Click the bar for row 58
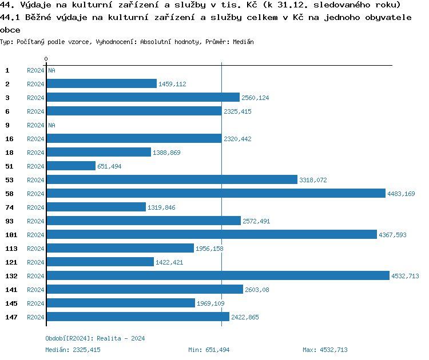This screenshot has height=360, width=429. pyautogui.click(x=216, y=193)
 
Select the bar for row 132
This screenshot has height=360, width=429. pyautogui.click(x=217, y=275)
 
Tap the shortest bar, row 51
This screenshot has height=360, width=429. pyautogui.click(x=71, y=166)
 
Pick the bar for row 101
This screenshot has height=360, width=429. pyautogui.click(x=212, y=234)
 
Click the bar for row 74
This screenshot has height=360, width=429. pyautogui.click(x=96, y=207)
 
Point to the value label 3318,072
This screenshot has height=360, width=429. pyautogui.click(x=313, y=180)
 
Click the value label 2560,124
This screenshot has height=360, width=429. pyautogui.click(x=255, y=98)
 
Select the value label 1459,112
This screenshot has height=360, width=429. pyautogui.click(x=172, y=84)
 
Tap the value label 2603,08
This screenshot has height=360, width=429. pyautogui.click(x=257, y=290)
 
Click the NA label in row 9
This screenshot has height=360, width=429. pyautogui.click(x=51, y=125)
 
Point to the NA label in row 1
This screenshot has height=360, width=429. pyautogui.click(x=51, y=70)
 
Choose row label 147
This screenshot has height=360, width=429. pyautogui.click(x=11, y=317)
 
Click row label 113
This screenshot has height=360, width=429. pyautogui.click(x=11, y=248)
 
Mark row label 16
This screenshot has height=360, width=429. pyautogui.click(x=9, y=138)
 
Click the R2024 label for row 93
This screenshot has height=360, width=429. pyautogui.click(x=35, y=221)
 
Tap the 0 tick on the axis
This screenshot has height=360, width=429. pyautogui.click(x=46, y=59)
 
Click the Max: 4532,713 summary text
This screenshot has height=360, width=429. pyautogui.click(x=325, y=350)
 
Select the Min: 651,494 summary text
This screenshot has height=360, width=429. pyautogui.click(x=209, y=350)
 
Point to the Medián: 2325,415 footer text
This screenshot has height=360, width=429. pyautogui.click(x=73, y=350)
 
